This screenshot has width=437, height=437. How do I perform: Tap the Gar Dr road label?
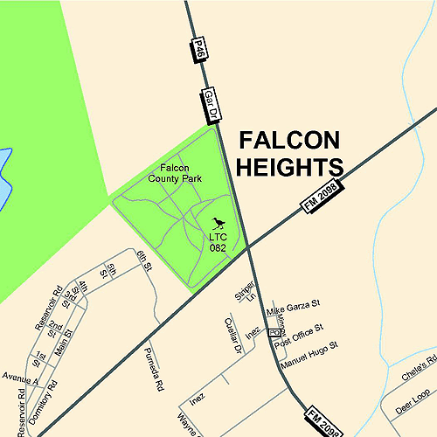(212, 104)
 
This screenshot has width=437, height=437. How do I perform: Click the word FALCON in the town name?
(290, 141)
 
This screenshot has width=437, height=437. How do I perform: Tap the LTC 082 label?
(218, 242)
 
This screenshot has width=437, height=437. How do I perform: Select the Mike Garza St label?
(295, 309)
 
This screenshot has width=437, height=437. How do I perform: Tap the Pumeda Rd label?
(153, 368)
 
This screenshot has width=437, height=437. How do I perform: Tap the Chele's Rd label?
(420, 364)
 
